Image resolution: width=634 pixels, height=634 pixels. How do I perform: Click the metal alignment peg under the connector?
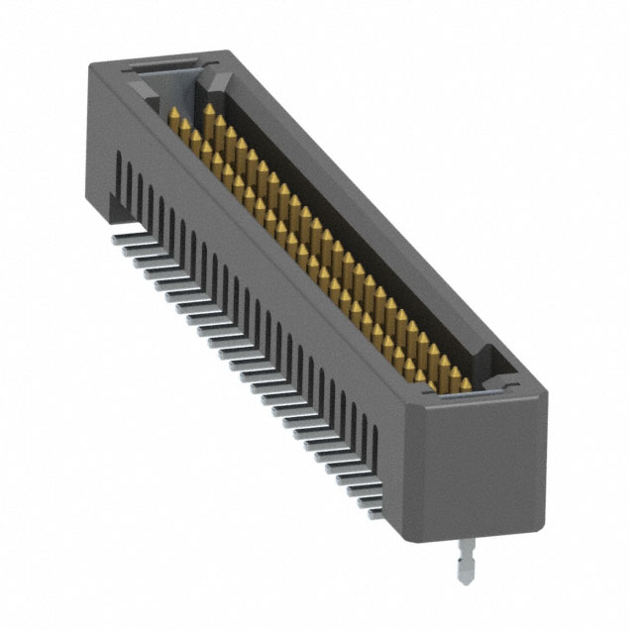[465, 570]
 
